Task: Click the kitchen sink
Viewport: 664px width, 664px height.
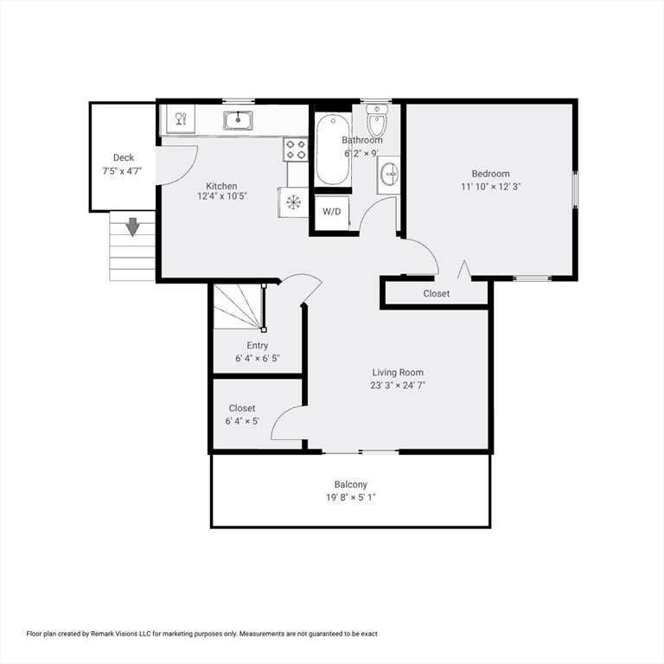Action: (238, 121)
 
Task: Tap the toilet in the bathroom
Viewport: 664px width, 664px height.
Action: (376, 120)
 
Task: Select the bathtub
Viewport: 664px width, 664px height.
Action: (333, 150)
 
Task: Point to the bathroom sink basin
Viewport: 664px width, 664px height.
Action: (389, 175)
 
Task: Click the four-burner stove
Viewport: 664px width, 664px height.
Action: (296, 150)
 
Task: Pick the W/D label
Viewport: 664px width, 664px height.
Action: (332, 211)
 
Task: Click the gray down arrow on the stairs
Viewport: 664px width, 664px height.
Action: (133, 227)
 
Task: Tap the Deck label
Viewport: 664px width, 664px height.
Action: (124, 157)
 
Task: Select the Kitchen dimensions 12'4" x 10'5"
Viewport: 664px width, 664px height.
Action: (222, 196)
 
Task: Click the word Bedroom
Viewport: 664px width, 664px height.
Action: (491, 174)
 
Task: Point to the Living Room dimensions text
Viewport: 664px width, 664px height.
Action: (398, 386)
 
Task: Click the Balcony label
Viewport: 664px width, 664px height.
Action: (351, 484)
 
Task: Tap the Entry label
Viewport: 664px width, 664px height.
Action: (258, 346)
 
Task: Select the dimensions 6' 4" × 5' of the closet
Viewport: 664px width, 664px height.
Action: (242, 421)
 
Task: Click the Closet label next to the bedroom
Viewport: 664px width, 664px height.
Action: (436, 293)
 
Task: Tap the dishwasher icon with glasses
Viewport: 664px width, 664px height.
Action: (181, 119)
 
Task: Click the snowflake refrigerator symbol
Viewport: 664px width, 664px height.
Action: (293, 202)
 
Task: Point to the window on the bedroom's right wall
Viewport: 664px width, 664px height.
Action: (575, 189)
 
